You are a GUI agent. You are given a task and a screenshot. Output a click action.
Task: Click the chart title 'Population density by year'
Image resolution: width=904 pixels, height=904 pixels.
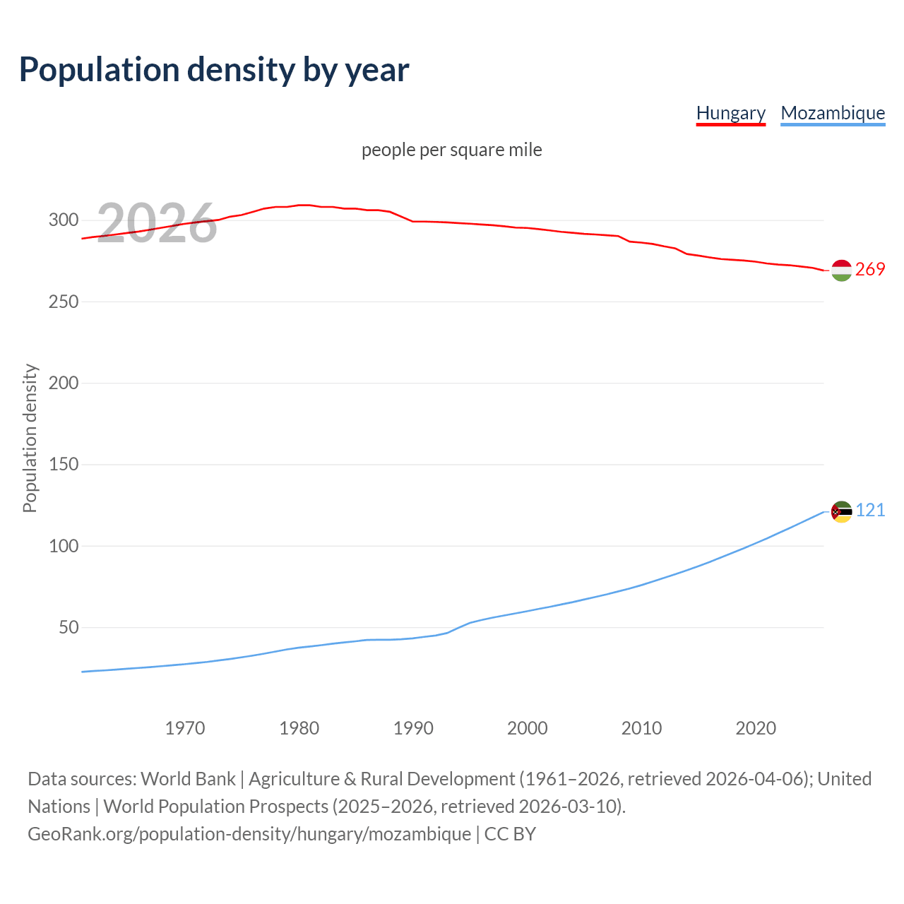pos(214,69)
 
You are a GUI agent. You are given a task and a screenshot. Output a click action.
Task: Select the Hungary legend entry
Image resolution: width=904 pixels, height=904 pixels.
pos(730,113)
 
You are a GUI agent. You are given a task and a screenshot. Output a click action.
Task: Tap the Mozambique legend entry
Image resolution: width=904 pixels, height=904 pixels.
pos(833,113)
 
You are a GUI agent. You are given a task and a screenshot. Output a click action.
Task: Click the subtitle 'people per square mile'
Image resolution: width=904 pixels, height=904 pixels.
pos(452,150)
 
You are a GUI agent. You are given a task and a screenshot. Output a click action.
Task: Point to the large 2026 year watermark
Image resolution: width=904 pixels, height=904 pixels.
pos(156,223)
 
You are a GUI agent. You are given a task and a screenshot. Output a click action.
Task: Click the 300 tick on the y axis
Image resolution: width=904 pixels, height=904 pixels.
pos(64,220)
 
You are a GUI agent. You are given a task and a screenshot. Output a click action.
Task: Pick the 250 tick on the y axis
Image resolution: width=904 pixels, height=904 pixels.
pos(64,302)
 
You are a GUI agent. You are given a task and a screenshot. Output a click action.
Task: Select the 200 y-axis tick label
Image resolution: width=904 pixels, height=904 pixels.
pos(64,383)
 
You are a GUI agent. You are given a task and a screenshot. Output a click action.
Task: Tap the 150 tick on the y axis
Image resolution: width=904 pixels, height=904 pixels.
pos(64,464)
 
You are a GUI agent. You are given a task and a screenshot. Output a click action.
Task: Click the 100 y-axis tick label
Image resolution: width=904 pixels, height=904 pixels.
pos(64,546)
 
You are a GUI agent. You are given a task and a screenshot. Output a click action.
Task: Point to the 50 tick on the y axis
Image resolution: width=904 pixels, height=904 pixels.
pos(69,627)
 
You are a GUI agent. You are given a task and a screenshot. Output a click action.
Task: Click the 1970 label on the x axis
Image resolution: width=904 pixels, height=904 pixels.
pos(185,728)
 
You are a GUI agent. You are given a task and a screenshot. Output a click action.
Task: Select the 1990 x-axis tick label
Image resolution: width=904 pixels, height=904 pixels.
pos(413,728)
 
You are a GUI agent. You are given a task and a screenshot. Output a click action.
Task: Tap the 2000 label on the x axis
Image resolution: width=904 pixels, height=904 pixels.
pos(528,728)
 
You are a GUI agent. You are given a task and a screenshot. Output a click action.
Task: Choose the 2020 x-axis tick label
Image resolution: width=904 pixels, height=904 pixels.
pos(756,728)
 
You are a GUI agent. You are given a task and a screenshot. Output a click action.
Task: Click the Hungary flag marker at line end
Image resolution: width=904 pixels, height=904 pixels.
pos(841,270)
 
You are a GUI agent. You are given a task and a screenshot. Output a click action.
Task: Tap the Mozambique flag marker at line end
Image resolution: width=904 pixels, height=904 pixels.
pos(841,511)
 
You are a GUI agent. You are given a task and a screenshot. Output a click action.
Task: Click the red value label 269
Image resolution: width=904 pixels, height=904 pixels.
pos(870,270)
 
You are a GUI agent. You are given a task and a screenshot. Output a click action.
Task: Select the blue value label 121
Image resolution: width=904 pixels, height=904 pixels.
pos(870,511)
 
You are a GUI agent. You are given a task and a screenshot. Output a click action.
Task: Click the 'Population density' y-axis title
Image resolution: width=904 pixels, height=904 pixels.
pos(30,438)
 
